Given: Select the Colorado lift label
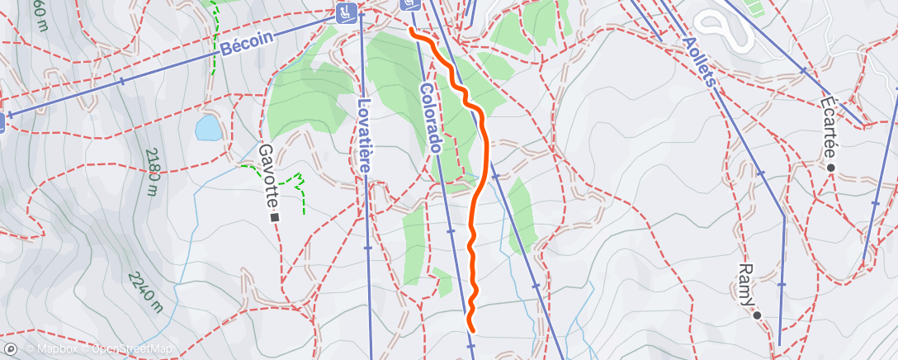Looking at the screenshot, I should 431,117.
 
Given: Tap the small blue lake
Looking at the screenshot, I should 207,128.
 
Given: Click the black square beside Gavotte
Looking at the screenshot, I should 275,217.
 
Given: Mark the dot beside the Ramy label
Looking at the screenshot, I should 756,315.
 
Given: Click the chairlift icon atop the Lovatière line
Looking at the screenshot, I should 347,12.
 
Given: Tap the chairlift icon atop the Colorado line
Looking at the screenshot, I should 410,5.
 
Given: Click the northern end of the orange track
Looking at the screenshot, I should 411,31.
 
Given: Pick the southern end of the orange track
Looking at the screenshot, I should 470,328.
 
